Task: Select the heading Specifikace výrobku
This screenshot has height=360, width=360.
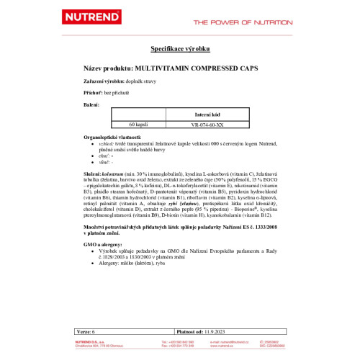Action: click(179, 48)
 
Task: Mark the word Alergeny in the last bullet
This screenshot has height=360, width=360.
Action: click(110, 265)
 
